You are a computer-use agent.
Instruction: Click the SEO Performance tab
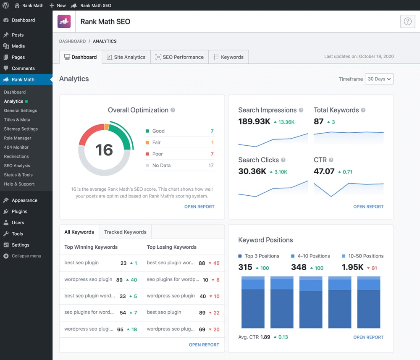(179, 57)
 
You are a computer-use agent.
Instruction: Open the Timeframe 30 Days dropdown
(379, 79)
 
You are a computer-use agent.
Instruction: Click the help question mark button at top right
(407, 22)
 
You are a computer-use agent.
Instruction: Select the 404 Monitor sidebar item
(16, 147)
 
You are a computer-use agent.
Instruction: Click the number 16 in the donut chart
(104, 150)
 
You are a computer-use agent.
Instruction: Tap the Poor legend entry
(157, 154)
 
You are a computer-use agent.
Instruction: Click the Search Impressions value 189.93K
(254, 122)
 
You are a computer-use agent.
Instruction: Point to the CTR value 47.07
(324, 171)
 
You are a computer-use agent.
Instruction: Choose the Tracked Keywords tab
(125, 232)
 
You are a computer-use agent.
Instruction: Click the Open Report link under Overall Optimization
(199, 207)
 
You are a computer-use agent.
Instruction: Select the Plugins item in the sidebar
(19, 211)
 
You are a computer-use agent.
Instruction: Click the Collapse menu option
(26, 256)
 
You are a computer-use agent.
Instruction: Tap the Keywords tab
(228, 57)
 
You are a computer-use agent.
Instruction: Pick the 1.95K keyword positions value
(352, 267)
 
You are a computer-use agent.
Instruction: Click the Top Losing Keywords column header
(171, 247)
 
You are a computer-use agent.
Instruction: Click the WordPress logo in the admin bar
(6, 5)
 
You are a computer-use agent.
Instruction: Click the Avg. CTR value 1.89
(265, 337)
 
